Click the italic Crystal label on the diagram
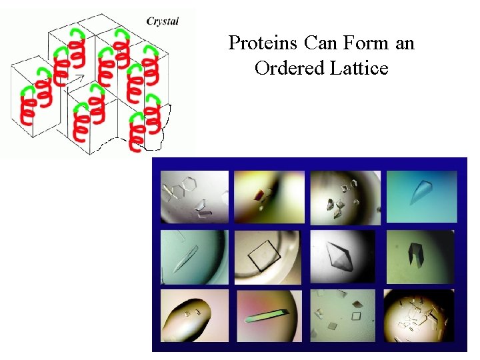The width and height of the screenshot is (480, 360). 163,21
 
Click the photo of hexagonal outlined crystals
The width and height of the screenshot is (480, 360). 194,197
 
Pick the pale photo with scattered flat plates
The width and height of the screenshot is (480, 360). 344,315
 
